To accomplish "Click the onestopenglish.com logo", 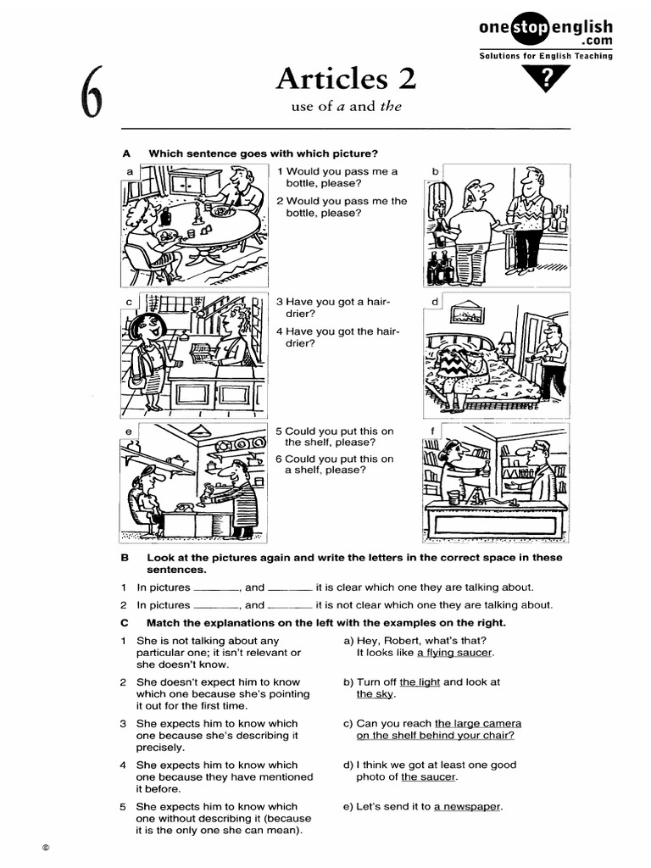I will click(x=545, y=34).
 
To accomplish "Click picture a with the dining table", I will click(x=193, y=226).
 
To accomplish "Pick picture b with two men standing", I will click(x=496, y=226).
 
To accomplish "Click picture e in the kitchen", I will click(x=193, y=481).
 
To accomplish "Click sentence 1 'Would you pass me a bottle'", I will click(x=337, y=177).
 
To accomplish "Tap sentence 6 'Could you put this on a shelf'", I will click(x=334, y=464).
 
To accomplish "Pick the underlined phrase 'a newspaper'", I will click(x=467, y=806).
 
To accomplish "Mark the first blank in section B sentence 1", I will click(x=217, y=587).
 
